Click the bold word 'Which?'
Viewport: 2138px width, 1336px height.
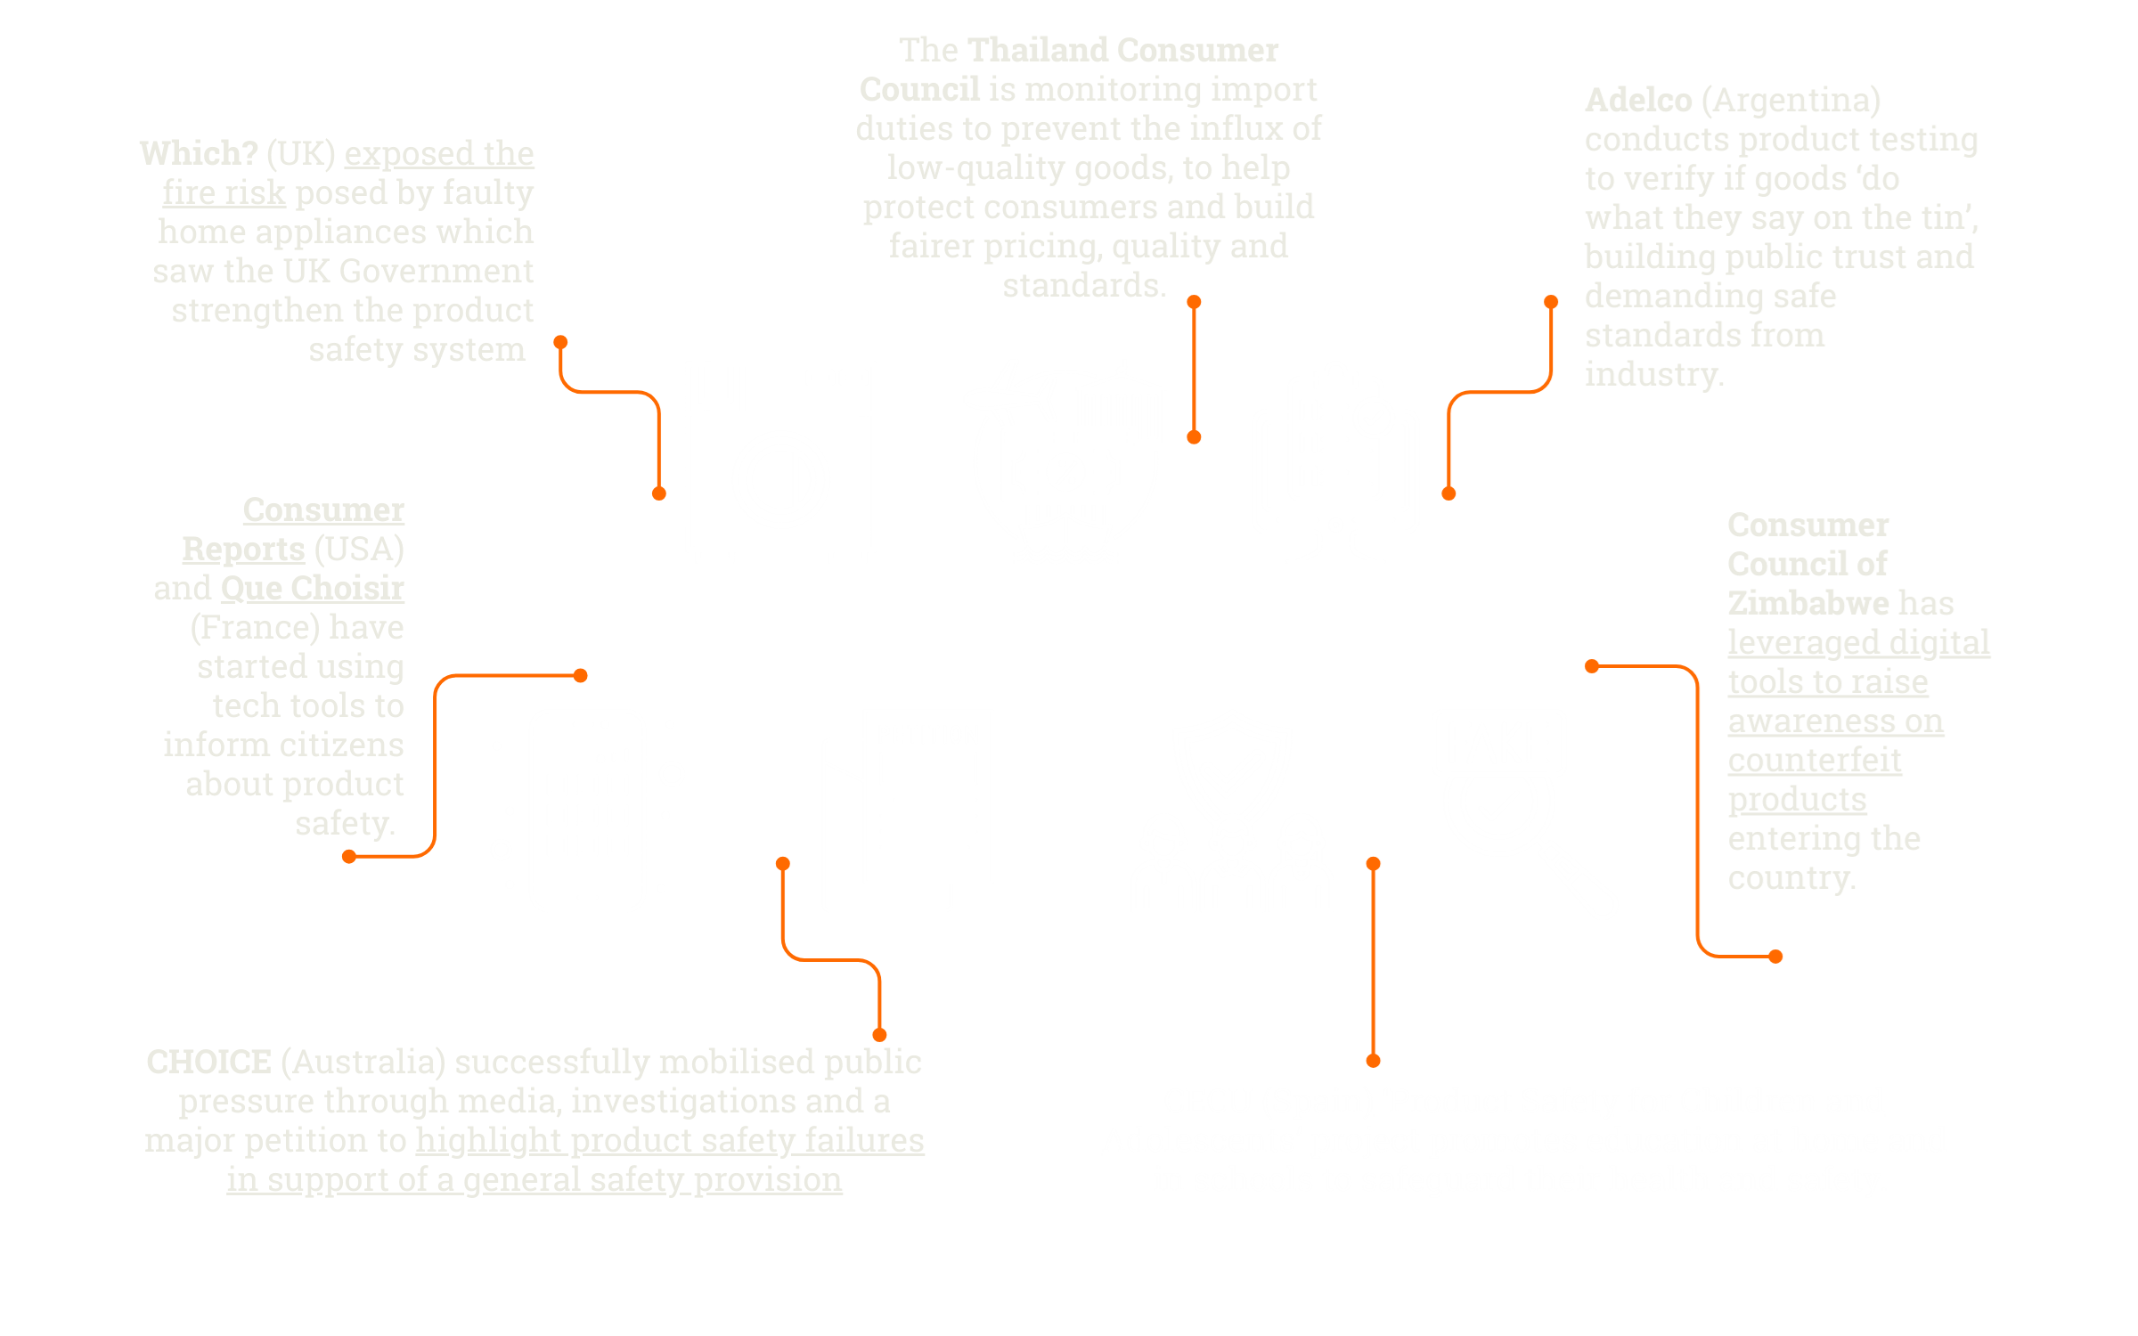click(x=199, y=153)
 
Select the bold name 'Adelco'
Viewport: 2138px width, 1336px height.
click(x=1637, y=100)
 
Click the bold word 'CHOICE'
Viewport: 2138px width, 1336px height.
click(x=208, y=1062)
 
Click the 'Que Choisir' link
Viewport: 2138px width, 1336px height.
click(x=312, y=588)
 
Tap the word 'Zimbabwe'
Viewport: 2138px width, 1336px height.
click(x=1808, y=603)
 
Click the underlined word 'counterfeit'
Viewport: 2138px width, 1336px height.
click(x=1815, y=760)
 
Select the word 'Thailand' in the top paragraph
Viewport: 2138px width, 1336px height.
click(x=1039, y=50)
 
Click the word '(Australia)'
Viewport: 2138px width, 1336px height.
click(x=363, y=1062)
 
